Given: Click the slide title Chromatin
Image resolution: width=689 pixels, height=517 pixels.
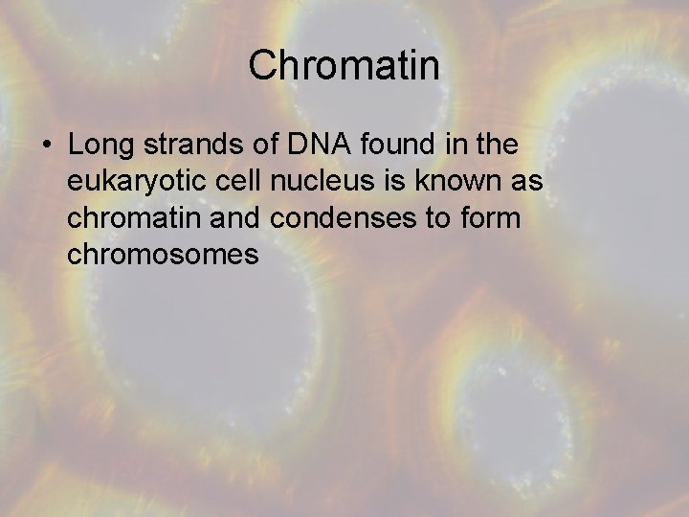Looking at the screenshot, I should (x=344, y=66).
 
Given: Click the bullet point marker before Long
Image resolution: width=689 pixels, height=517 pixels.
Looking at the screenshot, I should (x=47, y=146).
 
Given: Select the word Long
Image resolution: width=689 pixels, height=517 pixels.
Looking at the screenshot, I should (x=99, y=145).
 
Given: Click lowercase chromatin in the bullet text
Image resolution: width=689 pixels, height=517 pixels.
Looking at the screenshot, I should (x=127, y=217).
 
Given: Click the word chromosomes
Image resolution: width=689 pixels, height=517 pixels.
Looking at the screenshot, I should (x=164, y=254).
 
